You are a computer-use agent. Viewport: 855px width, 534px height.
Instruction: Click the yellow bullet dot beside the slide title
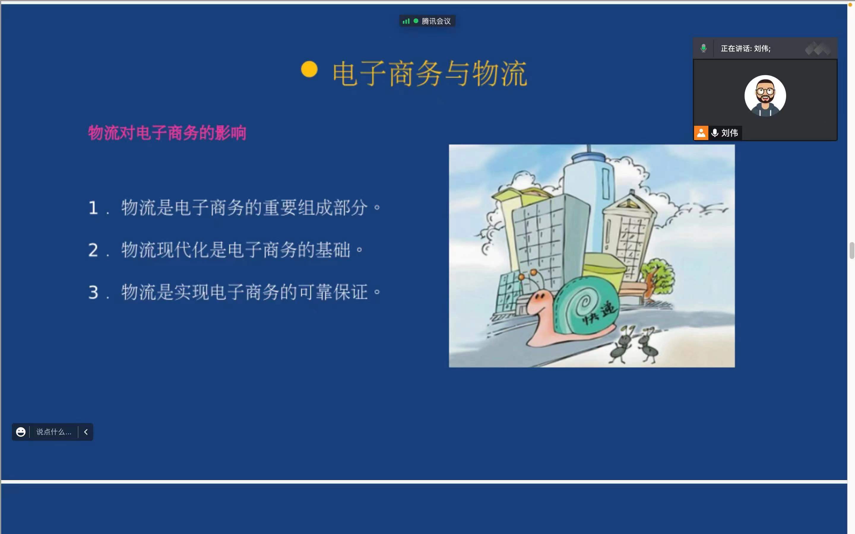tap(309, 69)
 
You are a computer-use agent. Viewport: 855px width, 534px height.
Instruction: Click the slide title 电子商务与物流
tap(430, 74)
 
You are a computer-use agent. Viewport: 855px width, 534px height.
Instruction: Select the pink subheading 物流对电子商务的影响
tap(167, 133)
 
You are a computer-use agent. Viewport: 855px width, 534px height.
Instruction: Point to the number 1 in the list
tap(93, 208)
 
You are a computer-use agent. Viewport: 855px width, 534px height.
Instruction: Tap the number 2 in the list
tap(93, 250)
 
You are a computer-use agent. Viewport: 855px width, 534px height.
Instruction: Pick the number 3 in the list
tap(93, 293)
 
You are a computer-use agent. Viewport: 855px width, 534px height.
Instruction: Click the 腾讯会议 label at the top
tap(436, 21)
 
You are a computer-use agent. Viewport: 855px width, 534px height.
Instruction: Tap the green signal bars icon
tap(406, 21)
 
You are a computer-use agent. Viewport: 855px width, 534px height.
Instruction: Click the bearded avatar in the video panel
tap(765, 96)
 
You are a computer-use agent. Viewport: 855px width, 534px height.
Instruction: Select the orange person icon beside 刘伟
tap(701, 133)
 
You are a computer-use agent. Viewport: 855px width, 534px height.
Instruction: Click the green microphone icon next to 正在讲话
tap(703, 48)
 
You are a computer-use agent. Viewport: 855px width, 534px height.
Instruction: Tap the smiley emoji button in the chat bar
tap(21, 432)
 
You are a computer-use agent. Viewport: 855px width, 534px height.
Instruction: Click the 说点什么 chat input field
tap(54, 432)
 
